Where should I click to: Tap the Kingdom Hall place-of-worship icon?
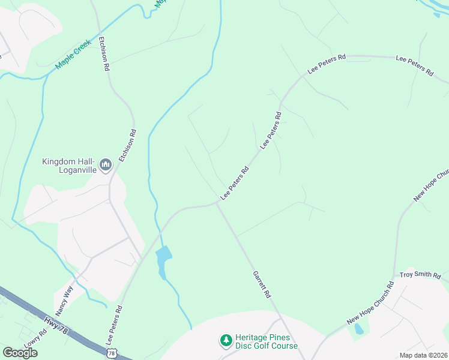coord(106,164)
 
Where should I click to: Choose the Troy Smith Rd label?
coord(420,275)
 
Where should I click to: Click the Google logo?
coord(20,352)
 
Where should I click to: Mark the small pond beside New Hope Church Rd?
coord(359,329)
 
